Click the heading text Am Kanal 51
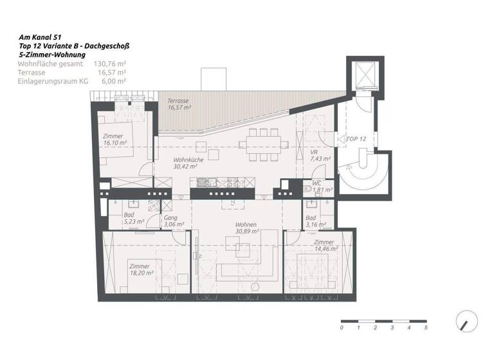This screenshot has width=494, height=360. click(41, 39)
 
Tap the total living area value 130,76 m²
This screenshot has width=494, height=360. click(110, 64)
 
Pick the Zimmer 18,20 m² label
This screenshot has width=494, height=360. click(140, 269)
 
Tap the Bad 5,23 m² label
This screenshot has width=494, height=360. click(129, 219)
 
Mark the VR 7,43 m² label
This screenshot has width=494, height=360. click(320, 155)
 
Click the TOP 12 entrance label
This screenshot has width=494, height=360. click(356, 139)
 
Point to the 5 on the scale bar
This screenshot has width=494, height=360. click(425, 328)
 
